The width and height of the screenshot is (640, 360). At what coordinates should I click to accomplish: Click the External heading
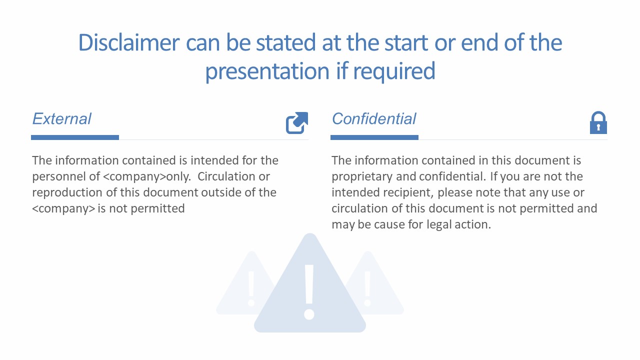click(x=61, y=119)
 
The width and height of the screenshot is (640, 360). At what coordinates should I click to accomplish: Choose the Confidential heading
click(x=373, y=119)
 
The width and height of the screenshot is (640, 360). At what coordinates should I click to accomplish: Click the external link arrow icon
click(x=296, y=123)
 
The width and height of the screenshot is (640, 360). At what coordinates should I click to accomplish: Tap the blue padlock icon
click(x=598, y=123)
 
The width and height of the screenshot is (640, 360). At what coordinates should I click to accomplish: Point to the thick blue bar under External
click(x=75, y=137)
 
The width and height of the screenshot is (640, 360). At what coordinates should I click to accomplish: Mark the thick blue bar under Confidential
click(x=374, y=137)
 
